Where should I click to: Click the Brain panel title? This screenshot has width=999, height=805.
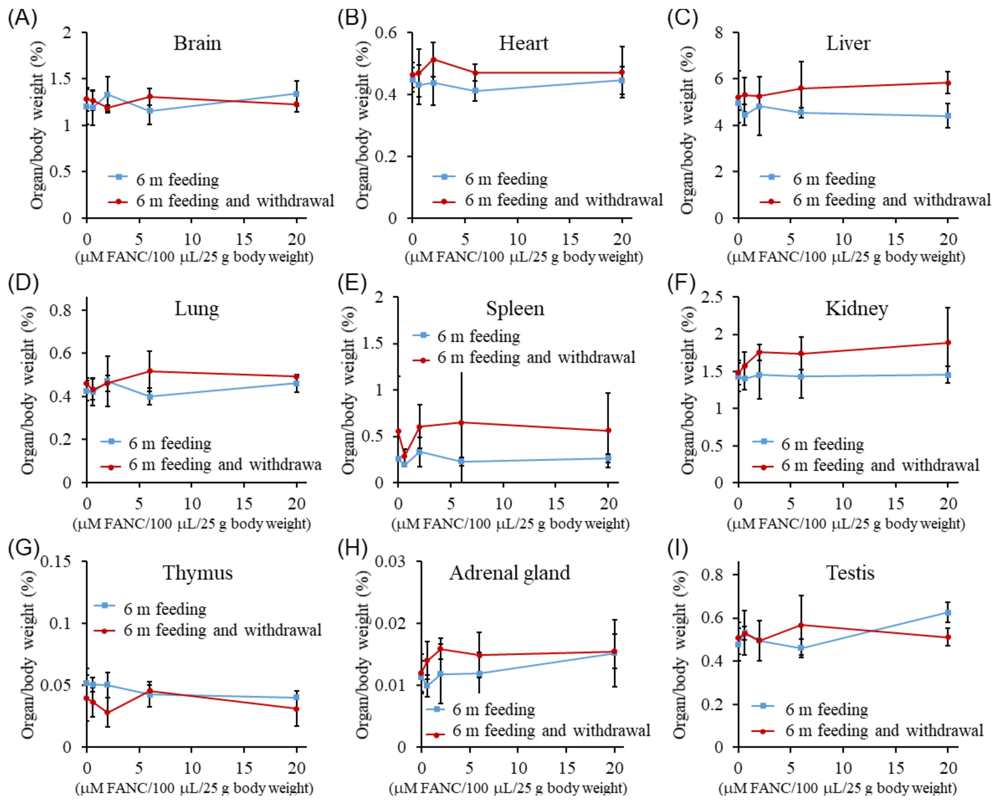[197, 43]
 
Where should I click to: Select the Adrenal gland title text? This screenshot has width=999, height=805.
[509, 573]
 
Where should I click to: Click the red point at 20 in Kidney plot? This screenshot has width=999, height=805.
[948, 343]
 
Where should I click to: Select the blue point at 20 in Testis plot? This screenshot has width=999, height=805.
[948, 613]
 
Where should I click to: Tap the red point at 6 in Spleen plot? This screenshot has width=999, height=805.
[461, 423]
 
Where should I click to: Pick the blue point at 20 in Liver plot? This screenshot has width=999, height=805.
[948, 116]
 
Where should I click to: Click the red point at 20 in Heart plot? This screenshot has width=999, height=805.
[622, 72]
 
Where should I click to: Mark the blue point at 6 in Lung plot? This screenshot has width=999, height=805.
[150, 396]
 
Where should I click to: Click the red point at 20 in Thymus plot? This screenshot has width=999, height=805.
[297, 709]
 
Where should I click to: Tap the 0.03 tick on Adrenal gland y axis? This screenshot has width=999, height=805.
[390, 562]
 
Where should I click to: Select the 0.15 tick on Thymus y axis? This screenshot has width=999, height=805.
[56, 562]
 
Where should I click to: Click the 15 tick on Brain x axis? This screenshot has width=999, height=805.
[244, 239]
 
